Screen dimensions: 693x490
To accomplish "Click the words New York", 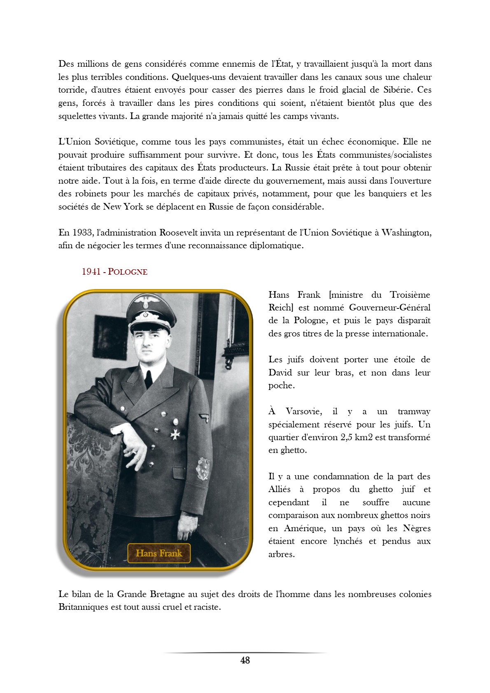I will pos(123,207).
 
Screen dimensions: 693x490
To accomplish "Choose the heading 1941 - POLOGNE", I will pos(114,272).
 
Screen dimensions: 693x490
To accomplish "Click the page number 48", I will pos(245,660).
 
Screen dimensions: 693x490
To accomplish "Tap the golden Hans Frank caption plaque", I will pos(159,553).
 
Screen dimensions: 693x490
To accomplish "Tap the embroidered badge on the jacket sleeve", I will pos(203,469).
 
